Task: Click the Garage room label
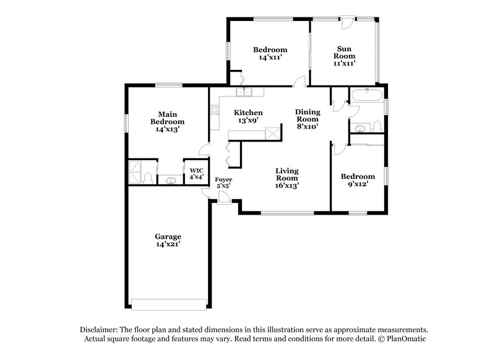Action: tap(168, 240)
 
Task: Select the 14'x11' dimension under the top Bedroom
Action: tap(270, 58)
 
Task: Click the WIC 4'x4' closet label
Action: tap(196, 173)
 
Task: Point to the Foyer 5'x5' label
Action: tap(223, 183)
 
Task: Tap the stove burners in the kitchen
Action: tap(215, 111)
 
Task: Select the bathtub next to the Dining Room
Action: tap(367, 95)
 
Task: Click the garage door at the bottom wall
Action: tap(168, 304)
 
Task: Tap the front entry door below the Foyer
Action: tap(226, 199)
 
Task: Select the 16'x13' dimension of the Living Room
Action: tap(287, 185)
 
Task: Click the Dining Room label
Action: tap(307, 119)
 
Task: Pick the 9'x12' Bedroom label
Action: tap(358, 180)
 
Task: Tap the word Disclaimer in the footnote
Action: tap(98, 330)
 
